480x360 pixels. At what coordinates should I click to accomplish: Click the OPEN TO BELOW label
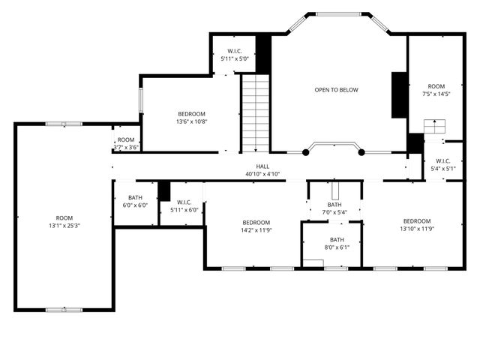(336, 90)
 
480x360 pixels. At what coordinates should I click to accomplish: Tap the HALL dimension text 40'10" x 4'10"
(262, 174)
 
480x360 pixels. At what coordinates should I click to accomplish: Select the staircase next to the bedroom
(255, 112)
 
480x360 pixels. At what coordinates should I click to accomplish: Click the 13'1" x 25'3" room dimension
(64, 225)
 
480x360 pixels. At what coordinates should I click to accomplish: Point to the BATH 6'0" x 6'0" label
(136, 201)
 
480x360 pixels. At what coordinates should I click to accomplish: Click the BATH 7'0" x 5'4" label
(334, 208)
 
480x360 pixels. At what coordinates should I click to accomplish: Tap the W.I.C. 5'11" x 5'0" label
(231, 55)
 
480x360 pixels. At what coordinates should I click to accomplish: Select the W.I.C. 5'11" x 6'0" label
(184, 206)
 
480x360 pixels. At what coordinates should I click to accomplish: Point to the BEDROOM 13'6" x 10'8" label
(191, 118)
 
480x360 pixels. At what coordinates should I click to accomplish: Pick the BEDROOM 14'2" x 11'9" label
(256, 226)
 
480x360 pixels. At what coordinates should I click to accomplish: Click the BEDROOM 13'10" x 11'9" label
(416, 225)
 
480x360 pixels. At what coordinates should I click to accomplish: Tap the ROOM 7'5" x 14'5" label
(436, 90)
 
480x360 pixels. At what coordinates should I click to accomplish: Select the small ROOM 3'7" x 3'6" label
(126, 143)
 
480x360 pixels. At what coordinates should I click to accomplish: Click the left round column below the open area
(305, 152)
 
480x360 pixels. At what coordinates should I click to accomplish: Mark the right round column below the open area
(361, 152)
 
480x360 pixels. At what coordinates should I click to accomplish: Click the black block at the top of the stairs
(263, 53)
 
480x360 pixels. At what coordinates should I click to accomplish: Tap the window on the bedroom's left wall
(140, 101)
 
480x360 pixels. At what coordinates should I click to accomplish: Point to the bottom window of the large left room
(64, 309)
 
